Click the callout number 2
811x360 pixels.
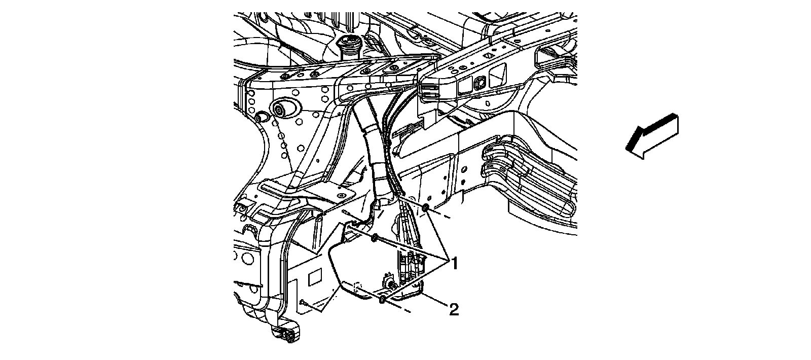pos(454,309)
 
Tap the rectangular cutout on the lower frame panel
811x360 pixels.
pos(314,277)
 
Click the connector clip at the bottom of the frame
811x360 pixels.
pos(285,335)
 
